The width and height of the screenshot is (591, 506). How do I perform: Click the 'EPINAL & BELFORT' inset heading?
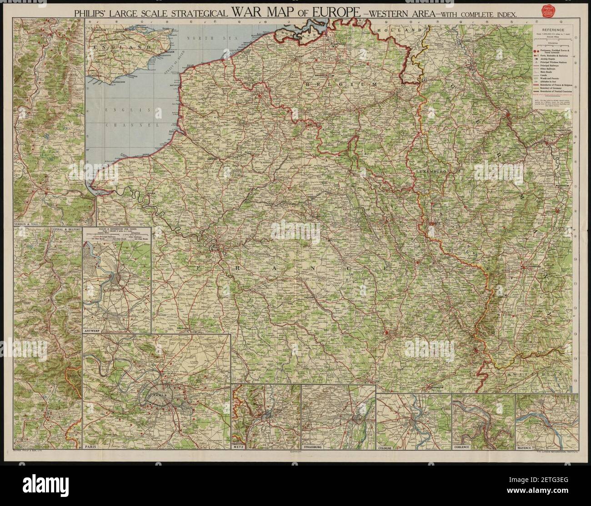tap(65, 230)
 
